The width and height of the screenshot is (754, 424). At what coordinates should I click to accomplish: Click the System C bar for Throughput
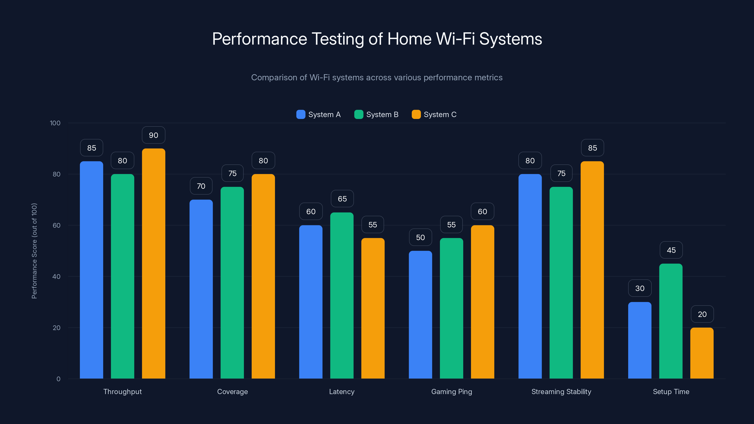coord(153,263)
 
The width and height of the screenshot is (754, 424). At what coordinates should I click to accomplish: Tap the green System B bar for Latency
coord(342,296)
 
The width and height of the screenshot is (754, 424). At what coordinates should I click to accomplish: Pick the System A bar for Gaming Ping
coord(420,314)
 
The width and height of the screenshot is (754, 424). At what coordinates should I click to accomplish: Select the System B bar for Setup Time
coord(671,321)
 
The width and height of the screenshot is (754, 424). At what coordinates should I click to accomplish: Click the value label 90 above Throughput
coord(153,135)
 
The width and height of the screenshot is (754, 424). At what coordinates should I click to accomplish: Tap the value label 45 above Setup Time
coord(671,250)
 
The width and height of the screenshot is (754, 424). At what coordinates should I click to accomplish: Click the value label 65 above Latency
coord(342,199)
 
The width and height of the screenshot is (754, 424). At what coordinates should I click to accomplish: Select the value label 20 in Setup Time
coord(702,314)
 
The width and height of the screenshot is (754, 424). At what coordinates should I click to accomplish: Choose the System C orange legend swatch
coord(416,114)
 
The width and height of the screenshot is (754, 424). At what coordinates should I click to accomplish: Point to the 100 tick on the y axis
coord(55,123)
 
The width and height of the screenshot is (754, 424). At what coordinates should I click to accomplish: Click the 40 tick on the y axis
coord(56,277)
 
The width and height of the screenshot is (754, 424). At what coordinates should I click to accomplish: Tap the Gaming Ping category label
coord(451,391)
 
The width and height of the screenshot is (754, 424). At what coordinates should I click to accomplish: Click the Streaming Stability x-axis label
coord(561,391)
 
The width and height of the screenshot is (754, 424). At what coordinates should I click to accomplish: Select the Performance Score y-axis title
coord(34,251)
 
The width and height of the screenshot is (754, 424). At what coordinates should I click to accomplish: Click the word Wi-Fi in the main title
coord(455,39)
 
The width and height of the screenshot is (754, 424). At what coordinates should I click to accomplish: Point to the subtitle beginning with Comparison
coord(377,77)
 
